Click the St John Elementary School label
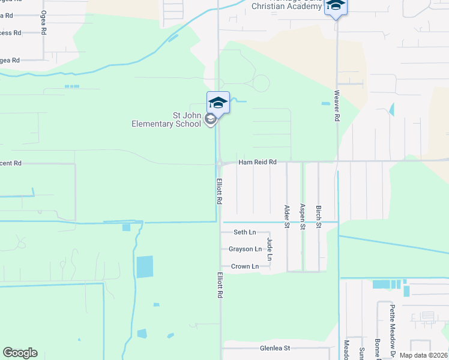click(x=167, y=120)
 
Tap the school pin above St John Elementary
click(x=218, y=103)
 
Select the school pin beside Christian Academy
click(x=336, y=7)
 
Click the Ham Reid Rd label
click(x=257, y=162)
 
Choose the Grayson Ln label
click(x=245, y=249)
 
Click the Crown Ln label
click(x=245, y=266)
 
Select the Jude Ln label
click(x=270, y=249)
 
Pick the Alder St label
click(x=287, y=217)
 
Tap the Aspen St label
click(x=303, y=217)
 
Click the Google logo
click(x=20, y=353)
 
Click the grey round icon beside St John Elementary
click(x=210, y=119)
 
